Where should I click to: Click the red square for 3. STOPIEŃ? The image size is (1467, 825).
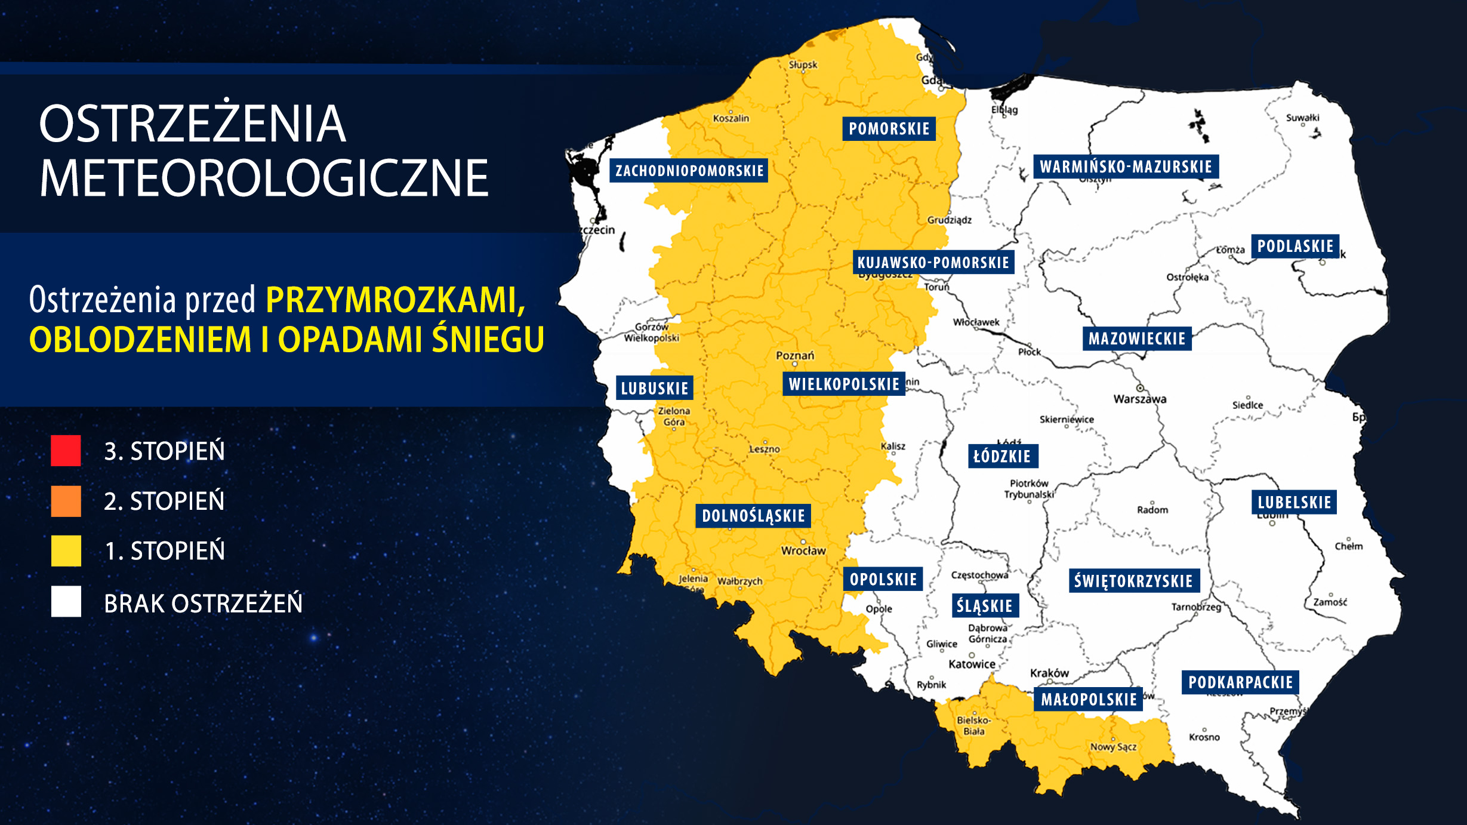pos(66,451)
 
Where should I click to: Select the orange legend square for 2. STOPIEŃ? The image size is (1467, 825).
pos(66,501)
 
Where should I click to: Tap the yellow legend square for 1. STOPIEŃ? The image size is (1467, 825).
pos(66,550)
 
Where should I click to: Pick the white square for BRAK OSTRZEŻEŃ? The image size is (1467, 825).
pos(66,602)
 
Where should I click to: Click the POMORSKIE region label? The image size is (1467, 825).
pos(889,128)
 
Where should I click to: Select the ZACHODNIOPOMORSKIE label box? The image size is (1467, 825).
pos(689,171)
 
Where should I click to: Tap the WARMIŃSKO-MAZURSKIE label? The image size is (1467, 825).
pos(1126,167)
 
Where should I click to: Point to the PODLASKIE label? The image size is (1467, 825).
pos(1295,246)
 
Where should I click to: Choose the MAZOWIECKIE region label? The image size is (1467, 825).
pos(1136,338)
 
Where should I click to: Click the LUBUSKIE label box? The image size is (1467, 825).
pos(654,388)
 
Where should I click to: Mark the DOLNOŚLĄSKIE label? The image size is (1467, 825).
pos(753,516)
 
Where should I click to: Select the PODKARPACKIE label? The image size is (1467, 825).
pos(1240,682)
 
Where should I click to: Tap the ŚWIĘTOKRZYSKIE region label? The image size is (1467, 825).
pos(1133,581)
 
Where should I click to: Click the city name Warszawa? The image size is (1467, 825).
pos(1139,399)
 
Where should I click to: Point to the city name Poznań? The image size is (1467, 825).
pos(794,356)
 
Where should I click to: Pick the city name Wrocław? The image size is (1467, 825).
pos(803,551)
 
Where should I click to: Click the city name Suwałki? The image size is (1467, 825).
pos(1302,118)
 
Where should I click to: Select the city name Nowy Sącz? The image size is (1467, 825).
pos(1113,747)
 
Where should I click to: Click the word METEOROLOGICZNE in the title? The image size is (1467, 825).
pos(264,178)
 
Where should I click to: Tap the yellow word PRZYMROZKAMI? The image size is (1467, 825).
pos(395,300)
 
